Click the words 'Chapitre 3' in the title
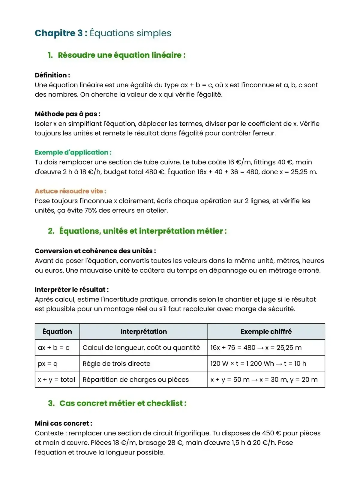click(x=58, y=33)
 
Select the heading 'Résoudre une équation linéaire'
click(x=121, y=55)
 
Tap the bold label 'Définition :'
click(x=52, y=75)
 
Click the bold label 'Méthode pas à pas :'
click(x=67, y=114)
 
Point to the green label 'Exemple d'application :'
click(x=73, y=152)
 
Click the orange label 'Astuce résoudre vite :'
click(x=70, y=191)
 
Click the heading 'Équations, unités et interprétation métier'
click(x=142, y=231)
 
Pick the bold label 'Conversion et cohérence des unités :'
click(x=95, y=251)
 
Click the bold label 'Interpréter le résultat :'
click(x=71, y=290)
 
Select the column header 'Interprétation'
click(x=143, y=331)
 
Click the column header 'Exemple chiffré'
click(x=266, y=331)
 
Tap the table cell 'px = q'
click(x=48, y=364)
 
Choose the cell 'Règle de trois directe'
click(x=116, y=364)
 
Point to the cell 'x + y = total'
click(x=56, y=379)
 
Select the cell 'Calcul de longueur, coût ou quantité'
click(x=141, y=348)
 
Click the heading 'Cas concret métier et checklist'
click(x=123, y=403)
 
